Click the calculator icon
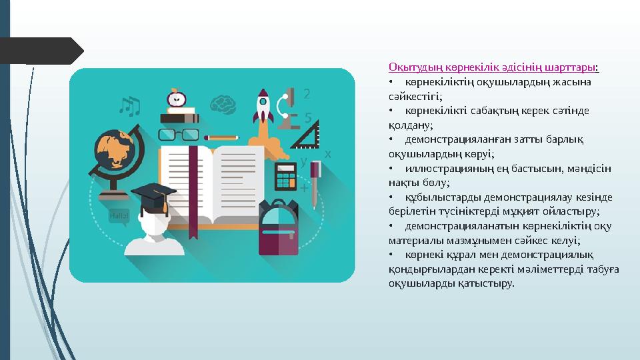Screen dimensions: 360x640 tap(285, 176)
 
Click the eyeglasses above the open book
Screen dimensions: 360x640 tap(177, 135)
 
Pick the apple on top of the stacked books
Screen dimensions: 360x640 tap(177, 98)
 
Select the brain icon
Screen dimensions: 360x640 tap(222, 104)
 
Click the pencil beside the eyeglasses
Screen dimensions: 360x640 tap(221, 137)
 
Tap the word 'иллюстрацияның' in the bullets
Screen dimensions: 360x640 tap(437, 168)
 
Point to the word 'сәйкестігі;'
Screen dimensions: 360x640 tap(410, 96)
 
